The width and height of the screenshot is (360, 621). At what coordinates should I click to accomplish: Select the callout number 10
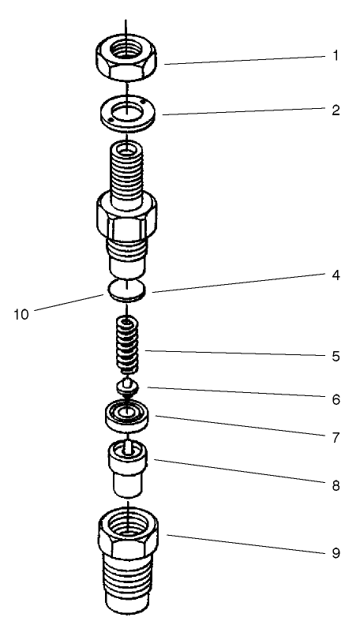(x=21, y=314)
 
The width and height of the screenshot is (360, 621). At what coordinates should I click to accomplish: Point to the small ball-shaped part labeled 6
(x=127, y=386)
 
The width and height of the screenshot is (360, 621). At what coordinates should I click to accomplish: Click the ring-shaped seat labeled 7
(x=127, y=414)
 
